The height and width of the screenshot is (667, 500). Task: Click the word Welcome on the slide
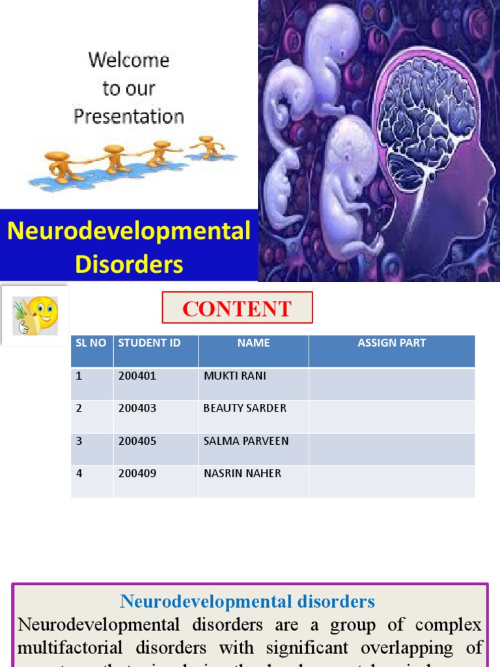[129, 61]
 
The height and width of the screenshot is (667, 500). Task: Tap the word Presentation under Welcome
[129, 117]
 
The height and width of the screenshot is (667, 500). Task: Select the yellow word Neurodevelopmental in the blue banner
[129, 231]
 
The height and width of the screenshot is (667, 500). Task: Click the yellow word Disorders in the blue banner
[129, 264]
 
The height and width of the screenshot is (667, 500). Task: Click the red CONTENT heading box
[237, 308]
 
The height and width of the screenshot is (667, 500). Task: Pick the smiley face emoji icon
[36, 315]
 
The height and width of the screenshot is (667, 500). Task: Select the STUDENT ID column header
[149, 343]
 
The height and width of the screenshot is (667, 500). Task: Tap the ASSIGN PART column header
[391, 343]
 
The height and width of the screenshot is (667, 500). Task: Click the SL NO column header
[90, 343]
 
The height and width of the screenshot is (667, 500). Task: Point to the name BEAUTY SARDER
[245, 408]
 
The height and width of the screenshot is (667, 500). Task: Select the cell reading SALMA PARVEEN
[246, 441]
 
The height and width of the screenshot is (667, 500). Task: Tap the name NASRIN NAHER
[242, 474]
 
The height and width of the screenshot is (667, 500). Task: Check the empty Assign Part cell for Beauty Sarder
[391, 416]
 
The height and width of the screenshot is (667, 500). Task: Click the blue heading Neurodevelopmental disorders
[247, 601]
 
